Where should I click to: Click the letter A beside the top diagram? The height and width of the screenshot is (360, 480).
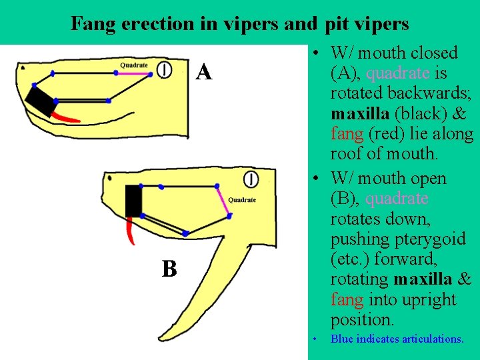coord(205,72)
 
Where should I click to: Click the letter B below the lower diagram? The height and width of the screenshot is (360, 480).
coord(169,269)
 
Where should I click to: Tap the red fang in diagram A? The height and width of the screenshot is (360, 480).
coord(67,117)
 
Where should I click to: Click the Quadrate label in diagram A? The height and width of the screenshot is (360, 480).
coord(134,65)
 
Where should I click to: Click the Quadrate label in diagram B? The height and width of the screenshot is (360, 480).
coord(241,200)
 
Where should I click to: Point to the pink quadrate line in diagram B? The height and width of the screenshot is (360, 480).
coord(224,201)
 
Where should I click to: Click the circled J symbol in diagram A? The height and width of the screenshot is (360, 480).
coord(165,69)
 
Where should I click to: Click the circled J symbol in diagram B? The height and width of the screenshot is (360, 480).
coord(251,179)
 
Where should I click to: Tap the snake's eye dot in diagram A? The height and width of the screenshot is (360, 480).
coord(23,68)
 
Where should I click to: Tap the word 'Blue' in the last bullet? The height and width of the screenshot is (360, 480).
coord(342,339)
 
